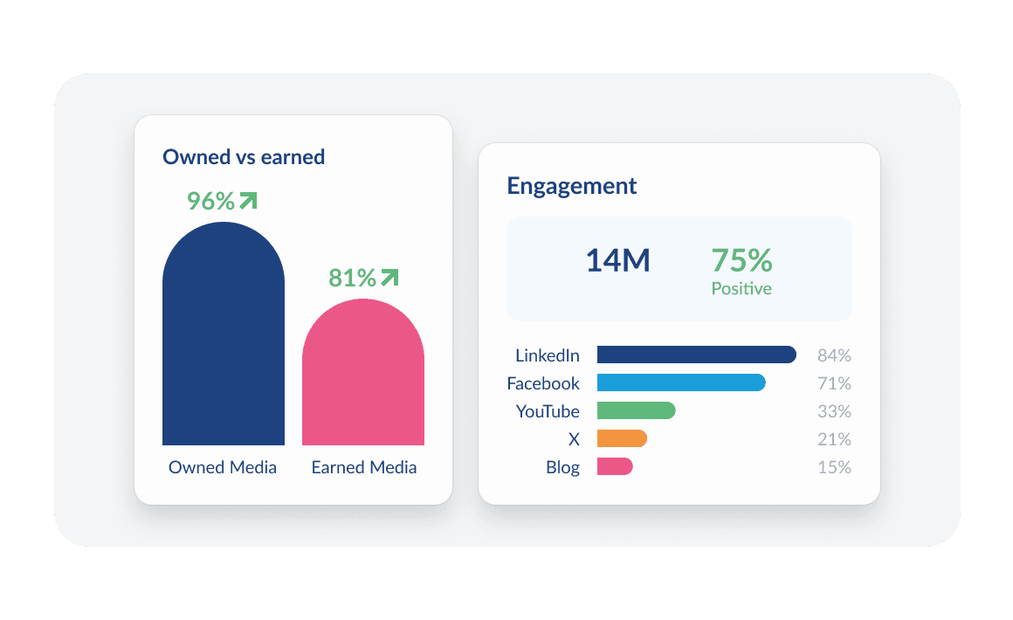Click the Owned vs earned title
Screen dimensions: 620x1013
coord(244,157)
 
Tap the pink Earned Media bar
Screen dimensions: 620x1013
coord(363,375)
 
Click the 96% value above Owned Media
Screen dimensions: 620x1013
coord(210,202)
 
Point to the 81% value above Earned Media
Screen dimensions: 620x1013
coord(352,279)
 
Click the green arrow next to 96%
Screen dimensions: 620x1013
coord(248,201)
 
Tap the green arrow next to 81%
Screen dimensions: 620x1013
coord(389,278)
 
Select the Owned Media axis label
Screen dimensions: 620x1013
coord(223,467)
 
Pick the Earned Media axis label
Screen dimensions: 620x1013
coord(364,467)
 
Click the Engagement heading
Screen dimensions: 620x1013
coord(572,186)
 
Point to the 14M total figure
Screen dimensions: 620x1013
coord(617,261)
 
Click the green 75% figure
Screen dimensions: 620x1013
coord(741,260)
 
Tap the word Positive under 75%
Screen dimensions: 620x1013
coord(741,289)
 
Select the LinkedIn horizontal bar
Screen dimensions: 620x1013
coord(696,355)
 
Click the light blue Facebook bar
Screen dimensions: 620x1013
coord(681,382)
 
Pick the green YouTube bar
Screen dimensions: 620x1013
coord(636,410)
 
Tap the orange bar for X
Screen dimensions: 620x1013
coord(622,438)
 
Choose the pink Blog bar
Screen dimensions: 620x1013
coord(615,466)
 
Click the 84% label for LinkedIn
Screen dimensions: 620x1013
coord(834,355)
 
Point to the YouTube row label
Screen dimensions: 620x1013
coord(548,411)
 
